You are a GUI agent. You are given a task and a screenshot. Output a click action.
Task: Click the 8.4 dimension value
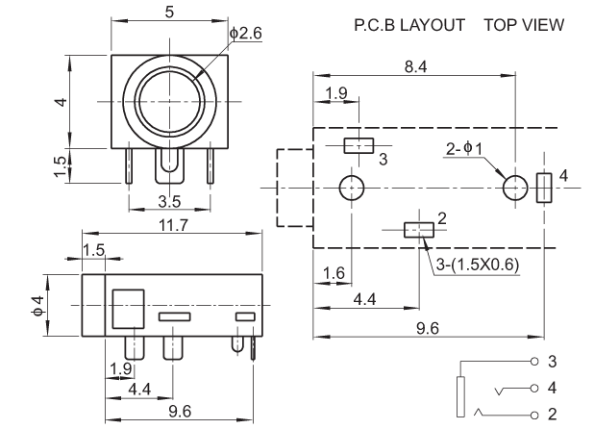(x=416, y=66)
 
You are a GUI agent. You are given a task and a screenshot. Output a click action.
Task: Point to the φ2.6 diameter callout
(x=246, y=34)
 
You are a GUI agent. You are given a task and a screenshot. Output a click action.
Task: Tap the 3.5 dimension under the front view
(x=169, y=202)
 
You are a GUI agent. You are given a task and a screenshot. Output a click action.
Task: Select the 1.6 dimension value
(x=333, y=274)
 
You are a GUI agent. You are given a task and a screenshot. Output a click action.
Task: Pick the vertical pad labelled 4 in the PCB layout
(x=543, y=187)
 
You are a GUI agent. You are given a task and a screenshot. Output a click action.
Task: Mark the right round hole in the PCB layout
(x=516, y=187)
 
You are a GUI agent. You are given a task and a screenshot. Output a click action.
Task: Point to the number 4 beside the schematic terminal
(x=552, y=390)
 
